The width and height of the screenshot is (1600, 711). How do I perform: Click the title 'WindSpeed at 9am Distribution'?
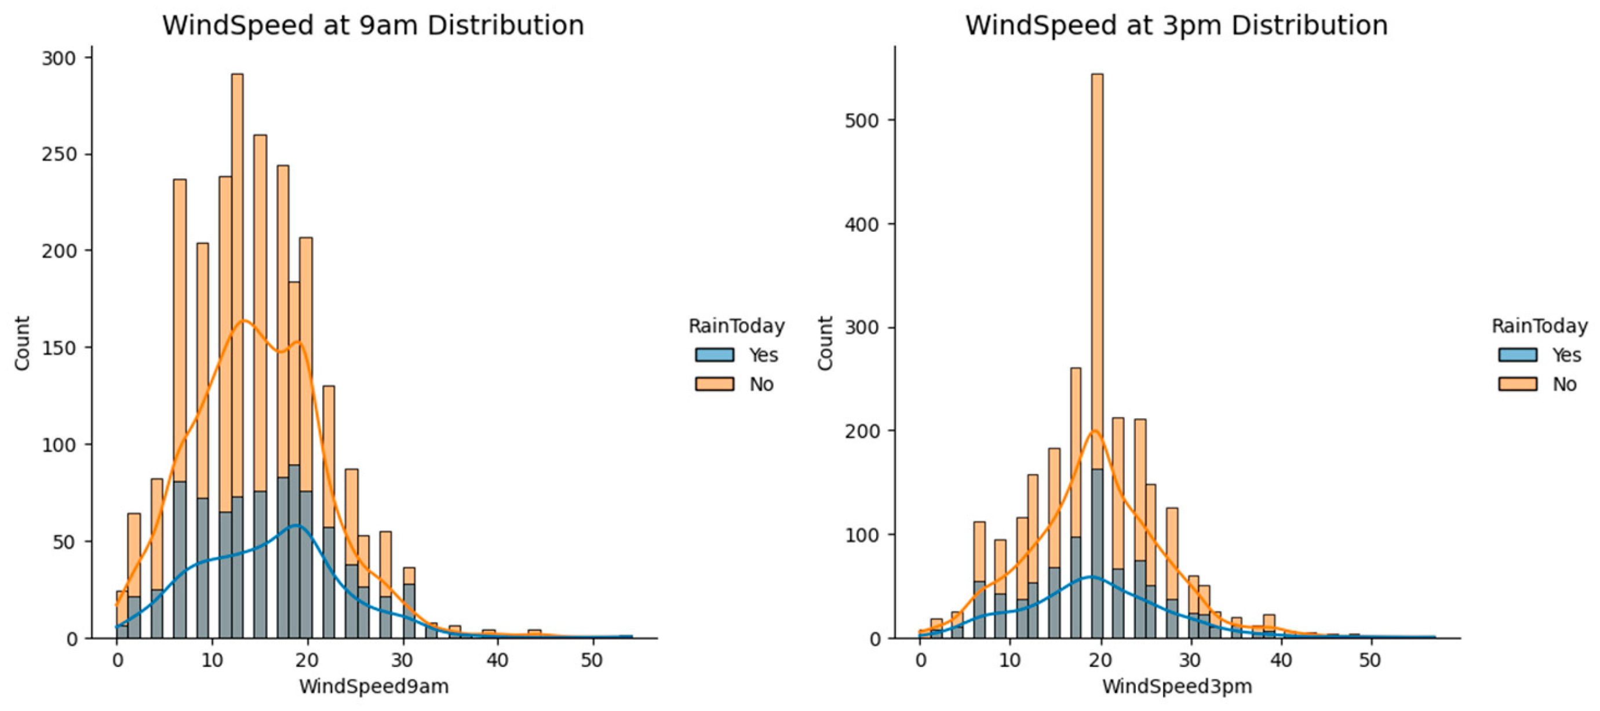373,25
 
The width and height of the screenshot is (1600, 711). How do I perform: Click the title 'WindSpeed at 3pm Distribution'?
1176,25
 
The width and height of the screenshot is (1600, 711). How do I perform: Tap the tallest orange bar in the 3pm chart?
1097,186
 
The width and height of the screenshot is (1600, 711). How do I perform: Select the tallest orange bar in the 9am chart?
236,186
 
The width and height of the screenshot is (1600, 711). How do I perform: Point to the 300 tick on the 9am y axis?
59,59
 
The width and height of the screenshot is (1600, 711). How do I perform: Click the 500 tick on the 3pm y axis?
862,121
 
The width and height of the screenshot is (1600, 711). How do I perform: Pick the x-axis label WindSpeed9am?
373,686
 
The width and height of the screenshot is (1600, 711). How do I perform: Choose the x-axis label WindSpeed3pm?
1177,686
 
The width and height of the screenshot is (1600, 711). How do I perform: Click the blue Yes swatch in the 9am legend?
715,355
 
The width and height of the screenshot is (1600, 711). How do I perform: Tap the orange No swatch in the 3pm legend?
1517,384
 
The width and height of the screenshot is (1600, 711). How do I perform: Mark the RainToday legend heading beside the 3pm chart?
1539,326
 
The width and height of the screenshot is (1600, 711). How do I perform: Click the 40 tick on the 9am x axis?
497,660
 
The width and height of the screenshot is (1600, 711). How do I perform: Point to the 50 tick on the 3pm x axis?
1369,660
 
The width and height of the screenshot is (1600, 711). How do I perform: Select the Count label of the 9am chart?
23,344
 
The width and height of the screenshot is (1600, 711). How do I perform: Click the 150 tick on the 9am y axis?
59,348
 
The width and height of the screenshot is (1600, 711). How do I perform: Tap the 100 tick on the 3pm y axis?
862,535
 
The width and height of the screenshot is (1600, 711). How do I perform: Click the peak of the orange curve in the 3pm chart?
1095,431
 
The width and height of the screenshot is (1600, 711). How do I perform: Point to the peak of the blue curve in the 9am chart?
296,526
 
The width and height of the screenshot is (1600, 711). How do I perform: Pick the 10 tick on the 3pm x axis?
1010,660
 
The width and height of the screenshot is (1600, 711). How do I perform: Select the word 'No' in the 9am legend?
761,384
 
